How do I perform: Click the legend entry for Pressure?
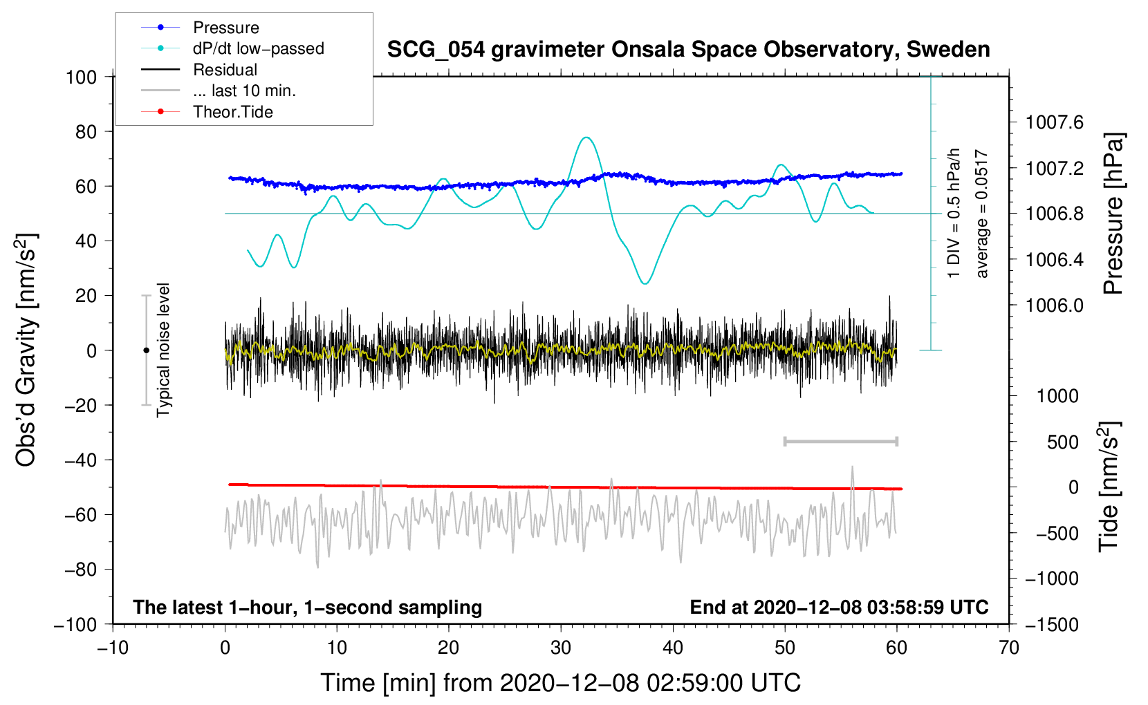[x=200, y=27]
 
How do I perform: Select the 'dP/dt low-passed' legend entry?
[x=232, y=48]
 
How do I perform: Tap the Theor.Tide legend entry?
[x=207, y=112]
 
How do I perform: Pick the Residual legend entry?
[x=199, y=70]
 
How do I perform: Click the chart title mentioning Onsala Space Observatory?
[x=688, y=50]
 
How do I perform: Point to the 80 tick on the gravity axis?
[x=86, y=132]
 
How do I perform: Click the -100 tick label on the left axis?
[x=75, y=625]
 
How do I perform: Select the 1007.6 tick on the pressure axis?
[x=1055, y=122]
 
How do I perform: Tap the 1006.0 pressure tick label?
[x=1055, y=305]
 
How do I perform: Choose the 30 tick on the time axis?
[x=561, y=648]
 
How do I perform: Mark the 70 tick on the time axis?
[x=1008, y=648]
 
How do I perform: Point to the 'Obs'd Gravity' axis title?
[x=26, y=350]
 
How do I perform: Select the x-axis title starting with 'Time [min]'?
[x=561, y=683]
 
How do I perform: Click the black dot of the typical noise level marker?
[x=146, y=350]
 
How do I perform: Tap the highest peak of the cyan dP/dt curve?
[x=586, y=138]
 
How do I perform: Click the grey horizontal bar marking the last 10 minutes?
[x=840, y=441]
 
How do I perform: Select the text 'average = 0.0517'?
[x=981, y=214]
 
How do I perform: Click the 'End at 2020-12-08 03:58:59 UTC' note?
[x=839, y=607]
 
